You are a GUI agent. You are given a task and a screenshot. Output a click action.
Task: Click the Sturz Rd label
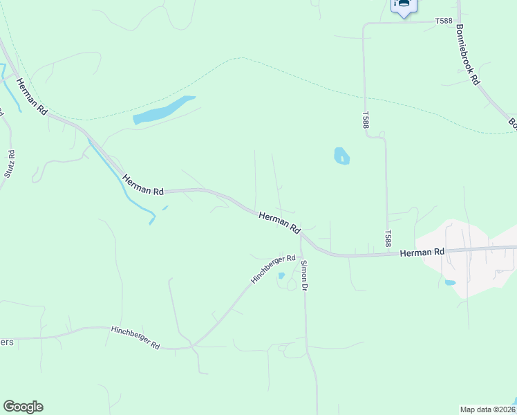click(x=10, y=163)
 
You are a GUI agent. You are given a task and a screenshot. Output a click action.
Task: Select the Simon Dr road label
click(x=303, y=275)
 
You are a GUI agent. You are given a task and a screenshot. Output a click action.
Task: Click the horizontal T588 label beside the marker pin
click(x=444, y=21)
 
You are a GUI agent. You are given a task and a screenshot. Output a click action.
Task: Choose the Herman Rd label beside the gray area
click(x=422, y=253)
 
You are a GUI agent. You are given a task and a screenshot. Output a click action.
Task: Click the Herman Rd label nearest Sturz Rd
click(x=32, y=95)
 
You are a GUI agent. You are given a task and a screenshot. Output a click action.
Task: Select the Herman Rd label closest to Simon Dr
click(x=281, y=222)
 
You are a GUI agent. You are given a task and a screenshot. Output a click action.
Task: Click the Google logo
click(x=23, y=407)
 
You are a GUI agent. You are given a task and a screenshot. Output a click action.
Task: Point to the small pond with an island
click(x=341, y=156)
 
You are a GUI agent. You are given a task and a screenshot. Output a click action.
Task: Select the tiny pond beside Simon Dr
click(x=281, y=276)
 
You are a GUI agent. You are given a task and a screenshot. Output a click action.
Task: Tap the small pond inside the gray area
click(x=450, y=282)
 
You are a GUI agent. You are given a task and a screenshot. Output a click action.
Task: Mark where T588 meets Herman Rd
click(x=388, y=255)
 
